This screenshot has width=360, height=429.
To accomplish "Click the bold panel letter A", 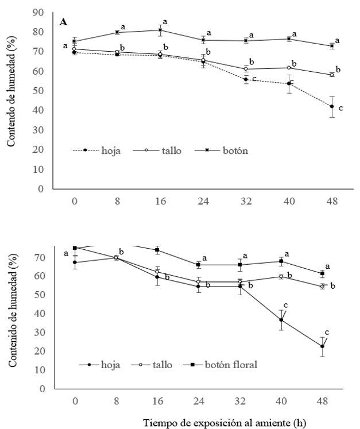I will point(64,22).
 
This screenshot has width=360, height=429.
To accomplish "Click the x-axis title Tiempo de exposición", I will point(224,423).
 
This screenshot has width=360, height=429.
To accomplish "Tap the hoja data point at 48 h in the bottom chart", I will point(323,346).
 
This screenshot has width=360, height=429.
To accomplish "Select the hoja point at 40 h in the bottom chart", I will point(281,320).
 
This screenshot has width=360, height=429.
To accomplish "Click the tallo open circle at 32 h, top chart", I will point(246,69).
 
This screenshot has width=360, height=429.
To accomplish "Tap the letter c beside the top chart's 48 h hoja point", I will point(340,107).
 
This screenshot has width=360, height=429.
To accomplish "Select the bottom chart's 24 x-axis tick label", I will point(198,400).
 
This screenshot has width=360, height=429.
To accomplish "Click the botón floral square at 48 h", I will point(323,273).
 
